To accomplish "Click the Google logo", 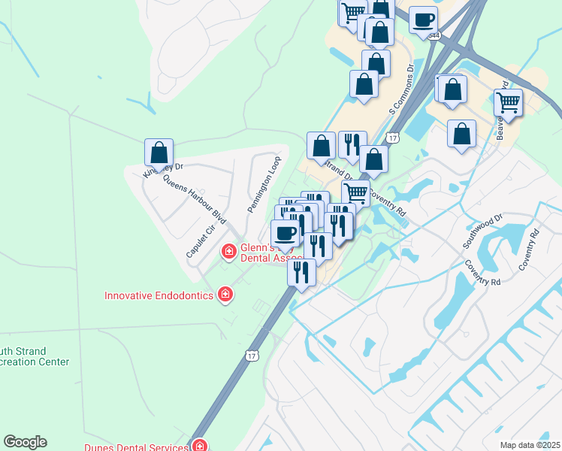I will [x=25, y=442].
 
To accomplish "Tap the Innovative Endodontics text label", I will [x=159, y=295].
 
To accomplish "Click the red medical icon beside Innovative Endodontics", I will [x=224, y=295].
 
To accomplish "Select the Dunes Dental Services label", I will [x=136, y=447].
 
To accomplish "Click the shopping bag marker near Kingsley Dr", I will [x=159, y=153].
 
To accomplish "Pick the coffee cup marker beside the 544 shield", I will [x=424, y=20].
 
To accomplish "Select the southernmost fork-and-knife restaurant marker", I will [x=301, y=271].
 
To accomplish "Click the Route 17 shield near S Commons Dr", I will [x=393, y=138].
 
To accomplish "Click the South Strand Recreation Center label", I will [x=33, y=356].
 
